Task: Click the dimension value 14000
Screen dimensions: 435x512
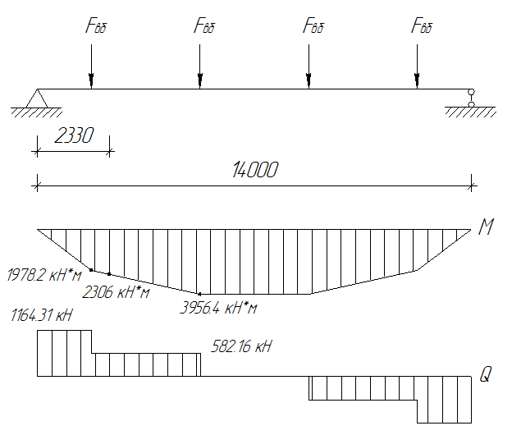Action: [255, 170]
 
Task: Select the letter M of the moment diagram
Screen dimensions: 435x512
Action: [486, 227]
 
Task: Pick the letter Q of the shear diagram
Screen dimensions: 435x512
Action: [486, 376]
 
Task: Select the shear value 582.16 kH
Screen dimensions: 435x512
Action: [241, 347]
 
